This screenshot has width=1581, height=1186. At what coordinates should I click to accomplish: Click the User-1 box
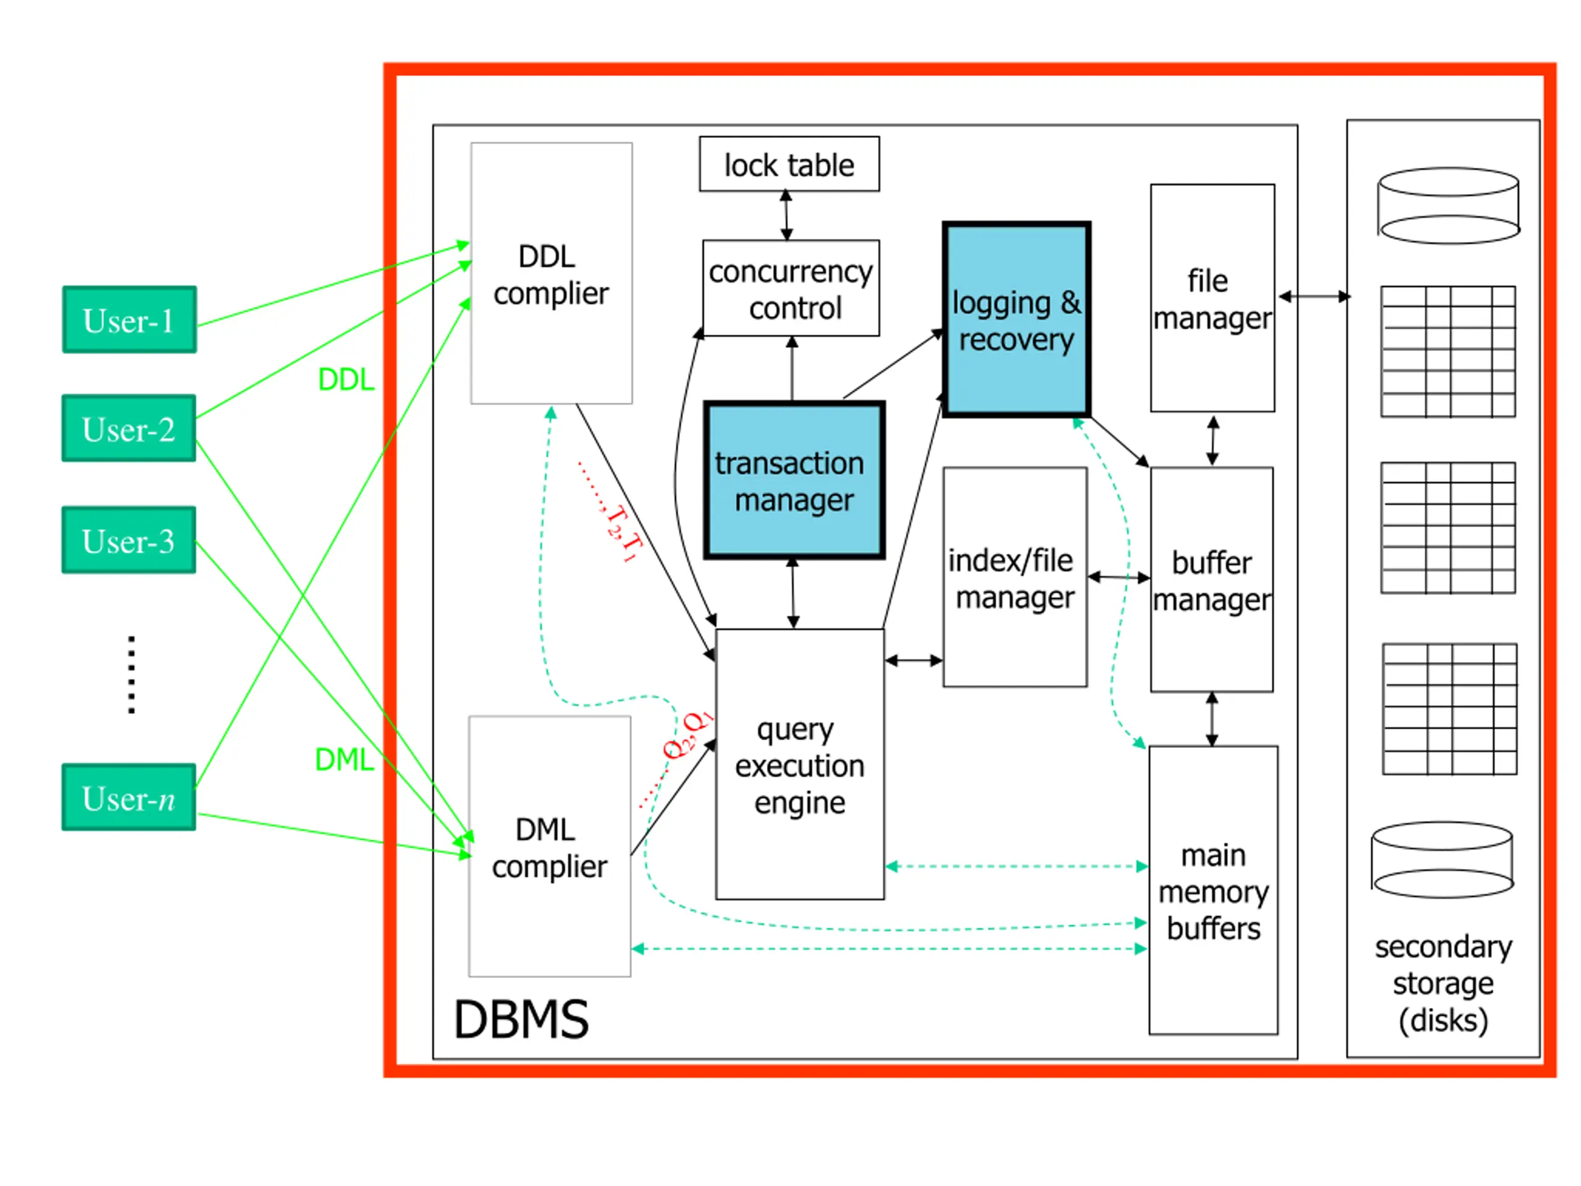point(129,319)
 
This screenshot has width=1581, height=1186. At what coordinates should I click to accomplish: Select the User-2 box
point(128,428)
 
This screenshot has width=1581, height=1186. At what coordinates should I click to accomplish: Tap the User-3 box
point(128,540)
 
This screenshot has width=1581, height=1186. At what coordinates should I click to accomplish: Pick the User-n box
point(128,797)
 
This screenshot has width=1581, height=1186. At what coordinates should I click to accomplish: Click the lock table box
point(789,164)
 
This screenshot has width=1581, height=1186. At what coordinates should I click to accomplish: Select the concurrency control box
point(790,288)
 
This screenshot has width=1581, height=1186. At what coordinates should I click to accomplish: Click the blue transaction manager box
point(794,481)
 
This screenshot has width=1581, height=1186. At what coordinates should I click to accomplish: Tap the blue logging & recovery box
point(1017,319)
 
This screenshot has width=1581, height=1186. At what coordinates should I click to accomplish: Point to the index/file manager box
point(1015,578)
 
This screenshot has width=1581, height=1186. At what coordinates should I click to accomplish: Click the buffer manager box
point(1212,580)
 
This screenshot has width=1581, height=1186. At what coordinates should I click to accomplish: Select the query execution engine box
point(800,764)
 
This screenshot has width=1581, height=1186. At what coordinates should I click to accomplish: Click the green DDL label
point(346,380)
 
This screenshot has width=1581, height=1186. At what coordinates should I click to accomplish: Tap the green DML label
point(345,759)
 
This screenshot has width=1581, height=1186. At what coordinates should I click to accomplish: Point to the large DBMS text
point(521,1019)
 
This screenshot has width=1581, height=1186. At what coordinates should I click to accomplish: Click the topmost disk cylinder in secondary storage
point(1449,206)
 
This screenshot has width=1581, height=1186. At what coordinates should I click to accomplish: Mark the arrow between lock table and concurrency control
point(786,215)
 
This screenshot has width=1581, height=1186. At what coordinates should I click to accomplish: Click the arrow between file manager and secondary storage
point(1314,296)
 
